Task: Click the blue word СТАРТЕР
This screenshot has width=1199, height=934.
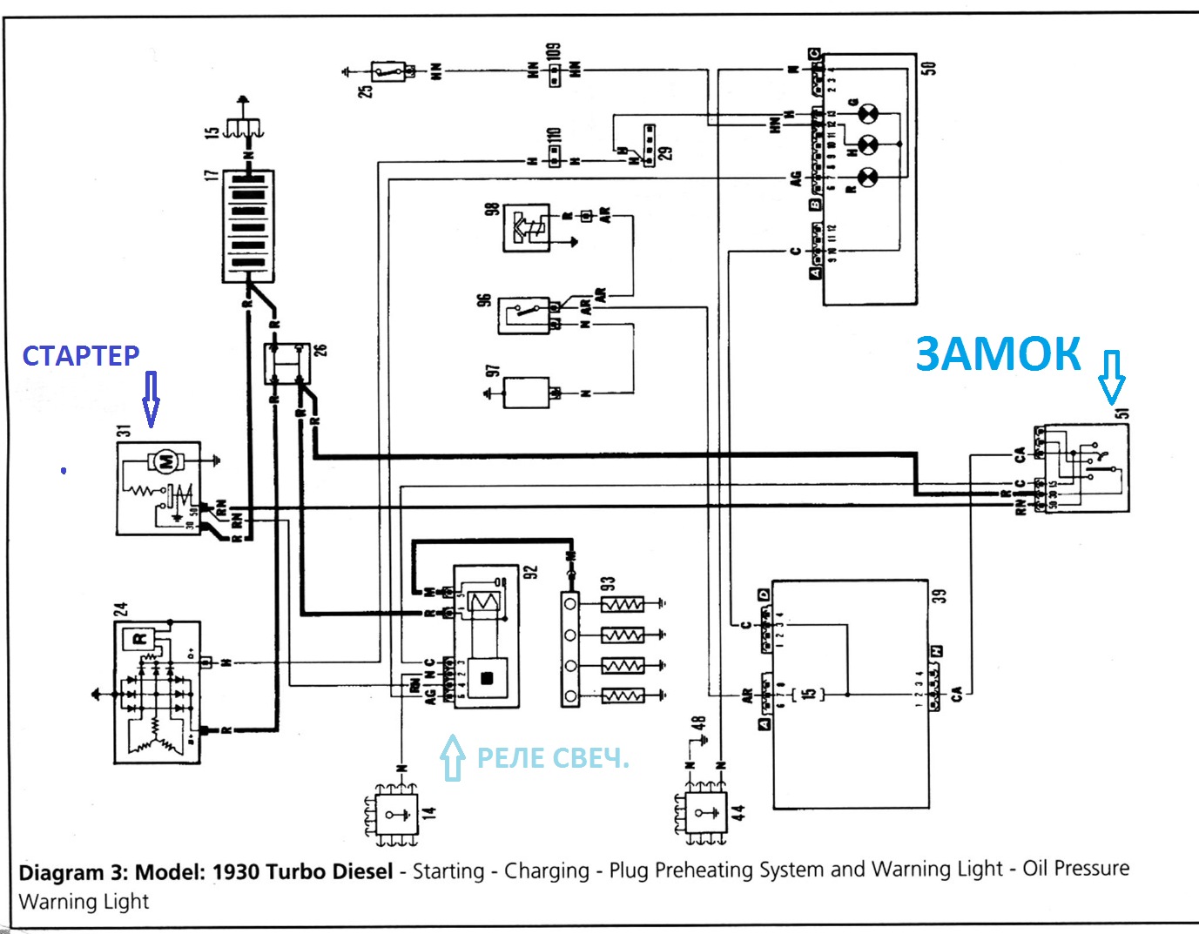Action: click(x=80, y=355)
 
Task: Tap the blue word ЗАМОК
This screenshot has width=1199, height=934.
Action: click(x=998, y=354)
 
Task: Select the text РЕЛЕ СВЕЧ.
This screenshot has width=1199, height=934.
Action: click(x=552, y=758)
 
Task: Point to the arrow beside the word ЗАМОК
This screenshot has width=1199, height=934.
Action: click(x=1112, y=377)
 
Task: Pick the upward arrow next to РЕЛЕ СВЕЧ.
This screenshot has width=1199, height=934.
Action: click(x=451, y=757)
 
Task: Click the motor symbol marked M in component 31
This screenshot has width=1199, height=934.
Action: click(x=164, y=460)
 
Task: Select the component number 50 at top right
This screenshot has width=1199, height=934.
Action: click(x=928, y=68)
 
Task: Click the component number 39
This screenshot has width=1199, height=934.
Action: click(x=939, y=596)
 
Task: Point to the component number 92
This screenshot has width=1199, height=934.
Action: click(x=531, y=571)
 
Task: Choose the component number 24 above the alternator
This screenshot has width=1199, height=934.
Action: click(x=121, y=608)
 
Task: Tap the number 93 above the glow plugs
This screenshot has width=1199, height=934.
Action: click(x=608, y=583)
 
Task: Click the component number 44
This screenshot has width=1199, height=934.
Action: click(x=738, y=812)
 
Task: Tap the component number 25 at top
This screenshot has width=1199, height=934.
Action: click(x=367, y=90)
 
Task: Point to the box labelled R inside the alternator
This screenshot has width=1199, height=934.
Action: click(x=139, y=639)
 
